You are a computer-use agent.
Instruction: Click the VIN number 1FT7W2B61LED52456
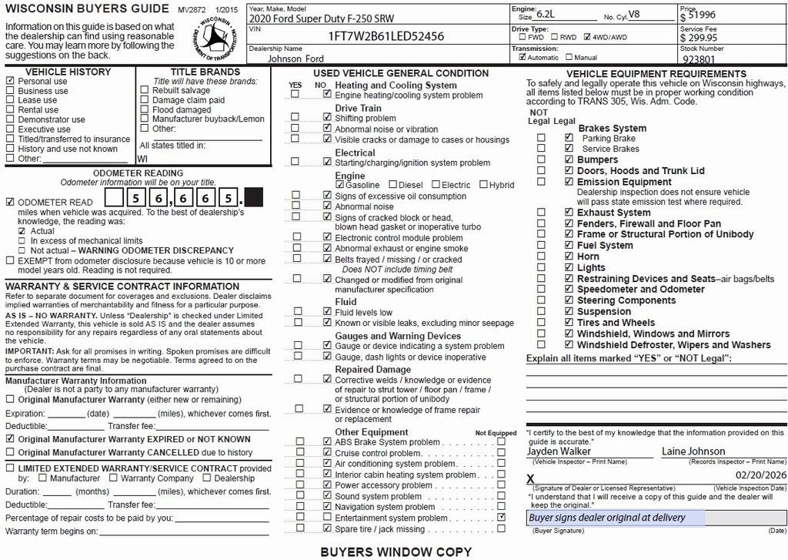click(x=386, y=36)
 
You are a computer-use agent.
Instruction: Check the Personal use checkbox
click(x=10, y=81)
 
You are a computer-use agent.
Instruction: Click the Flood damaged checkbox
click(x=145, y=109)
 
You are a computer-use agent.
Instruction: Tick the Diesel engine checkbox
click(x=393, y=185)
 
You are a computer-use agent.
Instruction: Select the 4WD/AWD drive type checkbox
click(x=587, y=36)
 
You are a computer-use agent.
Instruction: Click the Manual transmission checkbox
click(x=569, y=57)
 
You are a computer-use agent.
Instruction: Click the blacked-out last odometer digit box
click(x=253, y=198)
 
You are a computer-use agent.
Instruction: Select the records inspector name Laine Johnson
click(x=693, y=451)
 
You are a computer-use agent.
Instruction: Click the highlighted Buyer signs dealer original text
click(x=607, y=518)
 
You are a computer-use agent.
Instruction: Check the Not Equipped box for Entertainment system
click(x=502, y=518)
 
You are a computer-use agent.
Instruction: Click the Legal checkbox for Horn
click(x=569, y=257)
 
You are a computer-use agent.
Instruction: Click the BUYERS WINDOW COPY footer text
click(x=396, y=552)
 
